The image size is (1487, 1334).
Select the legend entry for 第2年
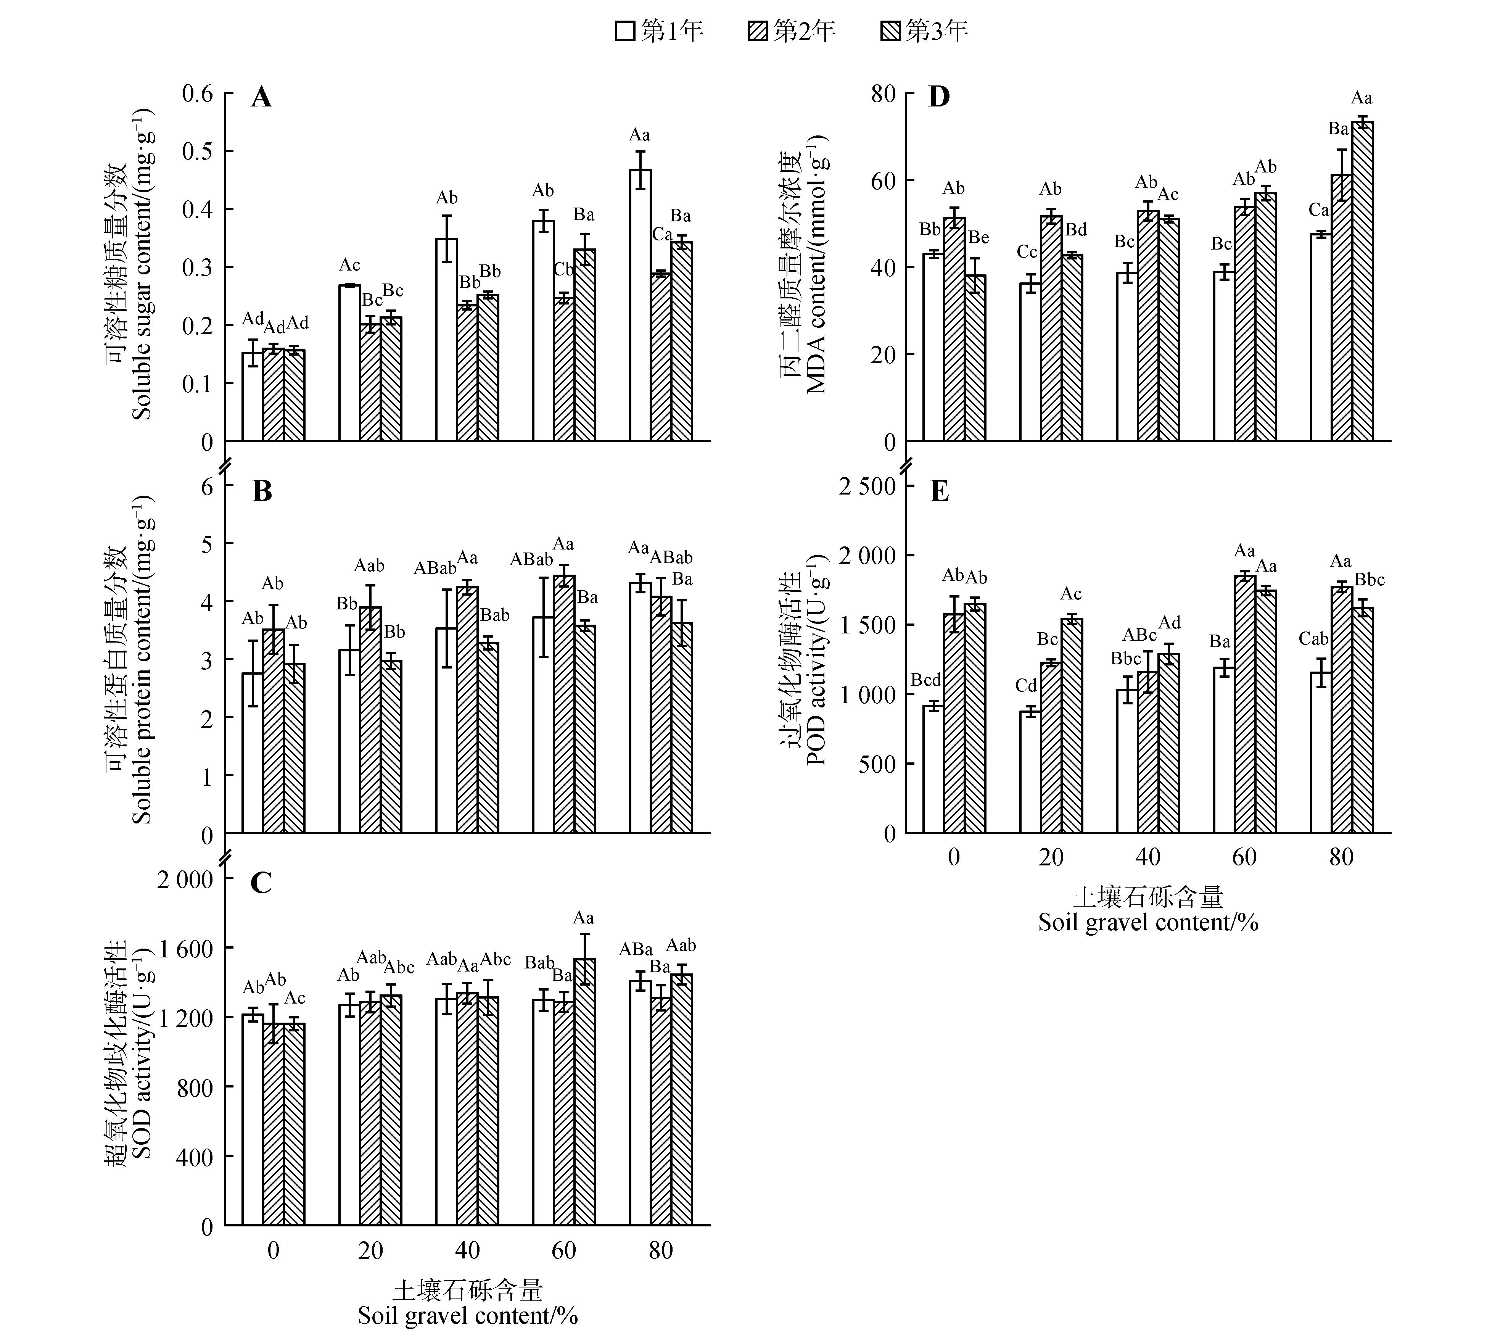[792, 31]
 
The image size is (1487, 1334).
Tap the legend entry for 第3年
[924, 31]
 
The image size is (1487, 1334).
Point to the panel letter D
[939, 97]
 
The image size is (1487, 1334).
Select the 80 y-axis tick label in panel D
[883, 94]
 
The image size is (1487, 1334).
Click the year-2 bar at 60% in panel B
[563, 704]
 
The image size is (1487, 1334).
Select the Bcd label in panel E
[925, 680]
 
